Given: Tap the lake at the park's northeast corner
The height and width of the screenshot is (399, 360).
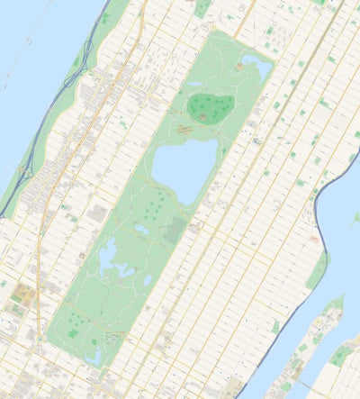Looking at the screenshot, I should [x=256, y=66].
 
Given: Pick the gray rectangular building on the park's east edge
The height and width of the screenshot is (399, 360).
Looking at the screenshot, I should [x=176, y=231].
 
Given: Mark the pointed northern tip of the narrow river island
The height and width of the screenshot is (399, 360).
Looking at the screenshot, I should [x=340, y=299].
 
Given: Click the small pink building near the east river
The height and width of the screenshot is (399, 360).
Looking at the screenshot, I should [x=313, y=239].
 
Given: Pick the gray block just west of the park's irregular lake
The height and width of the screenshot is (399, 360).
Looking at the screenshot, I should [x=96, y=214].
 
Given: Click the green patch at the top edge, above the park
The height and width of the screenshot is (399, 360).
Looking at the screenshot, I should [x=203, y=8].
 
